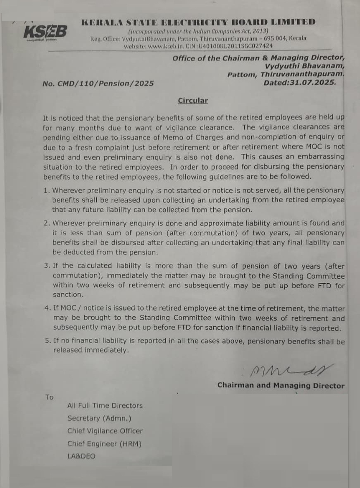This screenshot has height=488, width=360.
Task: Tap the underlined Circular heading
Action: [x=193, y=100]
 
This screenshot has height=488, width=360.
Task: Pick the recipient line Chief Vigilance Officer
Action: [x=105, y=431]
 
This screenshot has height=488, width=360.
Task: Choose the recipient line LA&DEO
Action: [x=81, y=456]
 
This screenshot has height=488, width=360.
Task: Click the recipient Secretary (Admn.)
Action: [x=99, y=418]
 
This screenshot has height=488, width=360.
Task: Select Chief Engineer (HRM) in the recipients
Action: [x=105, y=444]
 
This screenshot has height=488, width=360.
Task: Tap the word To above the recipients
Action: [x=49, y=397]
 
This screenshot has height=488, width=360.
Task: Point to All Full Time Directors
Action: [x=105, y=406]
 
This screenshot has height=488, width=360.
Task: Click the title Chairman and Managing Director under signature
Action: [x=281, y=385]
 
